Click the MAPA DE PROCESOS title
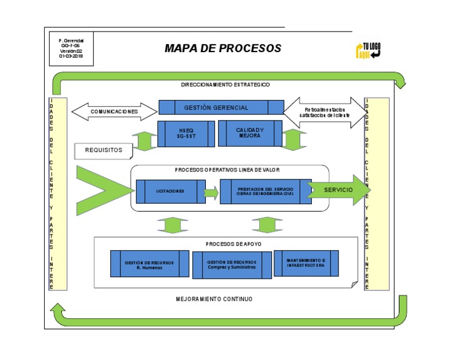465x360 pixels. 223,48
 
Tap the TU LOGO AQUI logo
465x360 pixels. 368,50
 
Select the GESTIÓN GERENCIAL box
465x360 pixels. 221,107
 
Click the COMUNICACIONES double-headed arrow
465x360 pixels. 114,112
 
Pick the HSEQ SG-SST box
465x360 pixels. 186,133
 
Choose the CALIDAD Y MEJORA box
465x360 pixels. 249,133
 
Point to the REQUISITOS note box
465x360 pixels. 103,150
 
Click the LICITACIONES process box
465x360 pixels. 170,191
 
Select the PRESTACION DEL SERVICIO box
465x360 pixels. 265,191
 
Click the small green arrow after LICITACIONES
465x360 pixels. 211,193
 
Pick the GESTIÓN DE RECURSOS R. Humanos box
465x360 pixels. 150,264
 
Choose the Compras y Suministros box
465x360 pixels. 231,264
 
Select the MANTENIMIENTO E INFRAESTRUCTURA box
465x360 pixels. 306,263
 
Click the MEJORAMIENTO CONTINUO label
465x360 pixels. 214,299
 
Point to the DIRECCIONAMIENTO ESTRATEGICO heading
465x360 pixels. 225,85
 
